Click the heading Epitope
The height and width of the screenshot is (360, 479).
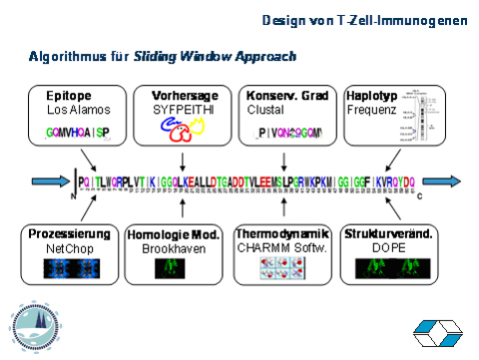(66, 95)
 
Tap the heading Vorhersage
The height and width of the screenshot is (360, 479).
(180, 95)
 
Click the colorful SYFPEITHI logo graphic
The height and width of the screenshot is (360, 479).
(179, 130)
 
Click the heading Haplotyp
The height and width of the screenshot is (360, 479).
(370, 95)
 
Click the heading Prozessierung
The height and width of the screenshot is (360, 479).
(69, 233)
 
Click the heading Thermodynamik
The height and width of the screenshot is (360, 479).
(281, 233)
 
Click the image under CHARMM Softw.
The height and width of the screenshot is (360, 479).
(280, 268)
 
